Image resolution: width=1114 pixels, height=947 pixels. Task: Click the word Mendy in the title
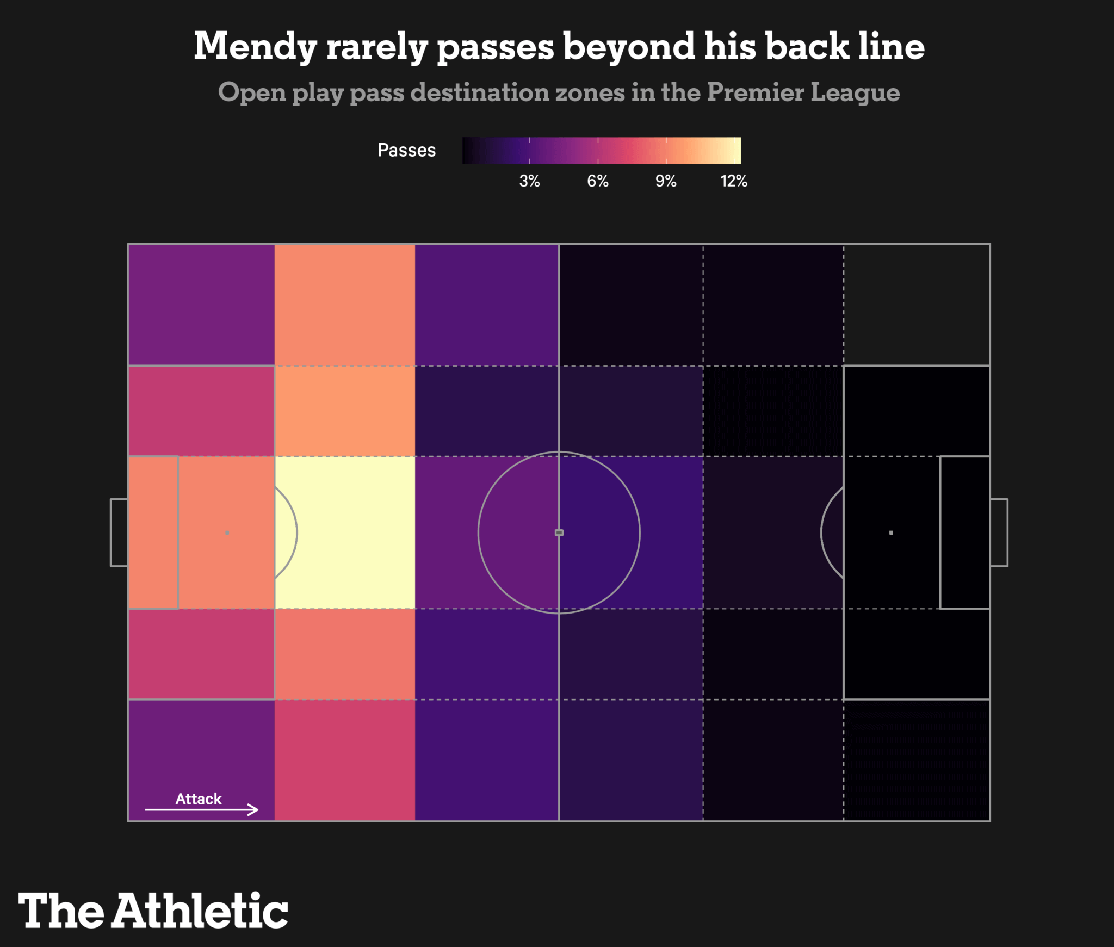pyautogui.click(x=255, y=47)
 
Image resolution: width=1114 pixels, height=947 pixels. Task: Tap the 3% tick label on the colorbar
pyautogui.click(x=529, y=181)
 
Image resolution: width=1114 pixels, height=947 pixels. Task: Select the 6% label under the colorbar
pyautogui.click(x=597, y=181)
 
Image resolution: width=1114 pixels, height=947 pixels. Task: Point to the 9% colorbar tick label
pyautogui.click(x=666, y=181)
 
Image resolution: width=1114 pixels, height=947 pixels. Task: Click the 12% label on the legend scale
pyautogui.click(x=734, y=181)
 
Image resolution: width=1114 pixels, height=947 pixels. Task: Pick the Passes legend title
pyautogui.click(x=406, y=150)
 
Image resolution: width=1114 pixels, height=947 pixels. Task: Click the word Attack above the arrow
pyautogui.click(x=199, y=799)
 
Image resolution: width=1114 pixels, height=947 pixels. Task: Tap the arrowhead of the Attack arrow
pyautogui.click(x=255, y=809)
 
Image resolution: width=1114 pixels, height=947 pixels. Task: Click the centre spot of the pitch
pyautogui.click(x=559, y=533)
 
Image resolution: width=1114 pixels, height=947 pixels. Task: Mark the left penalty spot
pyautogui.click(x=227, y=533)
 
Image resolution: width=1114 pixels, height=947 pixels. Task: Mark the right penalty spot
pyautogui.click(x=891, y=533)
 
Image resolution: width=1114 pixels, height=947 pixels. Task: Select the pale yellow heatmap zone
pyautogui.click(x=345, y=533)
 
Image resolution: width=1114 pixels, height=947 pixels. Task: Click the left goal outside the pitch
pyautogui.click(x=119, y=533)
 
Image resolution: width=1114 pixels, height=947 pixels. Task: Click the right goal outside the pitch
pyautogui.click(x=999, y=533)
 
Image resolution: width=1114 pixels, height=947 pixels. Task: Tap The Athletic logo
pyautogui.click(x=153, y=911)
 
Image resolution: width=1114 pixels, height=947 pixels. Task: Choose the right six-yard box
pyautogui.click(x=965, y=533)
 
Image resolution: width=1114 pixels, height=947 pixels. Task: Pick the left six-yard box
pyautogui.click(x=153, y=533)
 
